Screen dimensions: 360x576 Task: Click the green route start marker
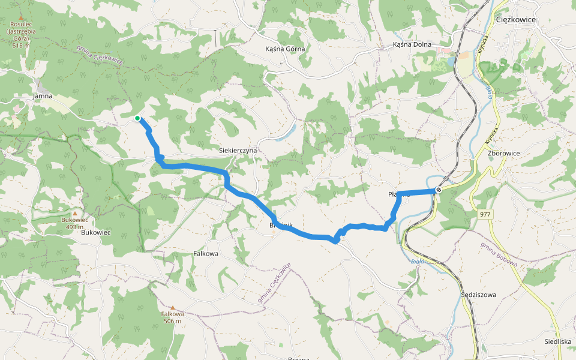pos(137,118)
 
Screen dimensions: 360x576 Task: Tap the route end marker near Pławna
pos(439,190)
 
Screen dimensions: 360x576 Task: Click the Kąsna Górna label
pos(285,49)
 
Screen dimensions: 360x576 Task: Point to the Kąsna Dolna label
pos(412,44)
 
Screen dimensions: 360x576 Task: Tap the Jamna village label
pos(43,95)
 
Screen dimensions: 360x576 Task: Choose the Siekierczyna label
pos(238,150)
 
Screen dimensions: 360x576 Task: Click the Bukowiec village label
pos(96,232)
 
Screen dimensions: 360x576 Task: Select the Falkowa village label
pos(206,254)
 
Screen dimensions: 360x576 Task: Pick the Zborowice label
pos(504,154)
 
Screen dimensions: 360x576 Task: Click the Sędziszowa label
pos(479,295)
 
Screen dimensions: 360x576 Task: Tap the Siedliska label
pos(557,341)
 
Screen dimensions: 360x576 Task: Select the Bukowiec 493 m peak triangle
pos(75,213)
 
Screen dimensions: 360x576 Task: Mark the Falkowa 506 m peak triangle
pos(172,307)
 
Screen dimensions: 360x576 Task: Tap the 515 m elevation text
pos(21,46)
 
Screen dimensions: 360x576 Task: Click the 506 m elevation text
pos(172,321)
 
